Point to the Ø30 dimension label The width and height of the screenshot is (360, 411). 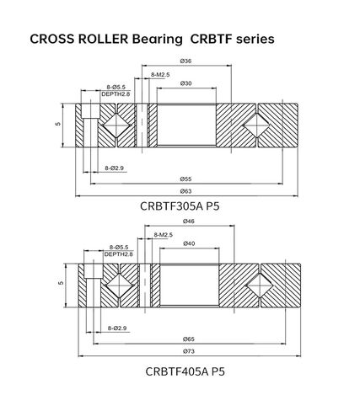click(x=185, y=83)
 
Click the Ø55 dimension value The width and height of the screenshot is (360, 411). click(x=185, y=179)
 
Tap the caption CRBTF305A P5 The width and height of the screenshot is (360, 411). click(x=185, y=205)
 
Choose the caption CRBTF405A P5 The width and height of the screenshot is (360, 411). click(x=185, y=370)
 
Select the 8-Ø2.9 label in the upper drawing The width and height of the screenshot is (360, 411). click(x=115, y=168)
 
